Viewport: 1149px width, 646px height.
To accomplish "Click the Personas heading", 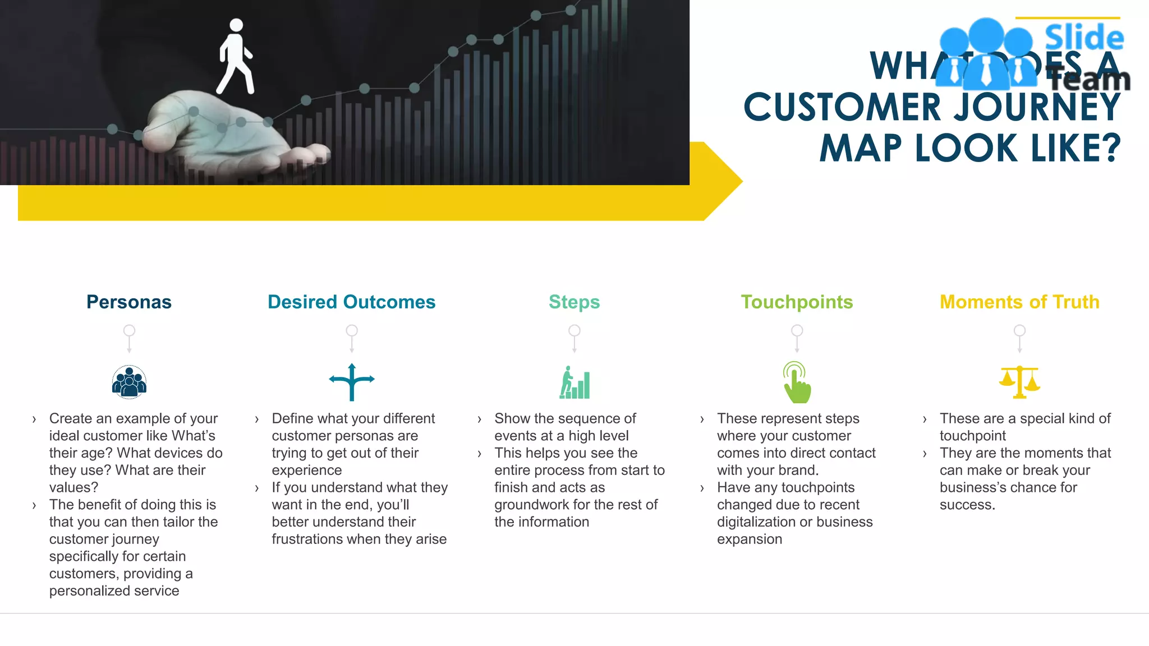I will click(128, 302).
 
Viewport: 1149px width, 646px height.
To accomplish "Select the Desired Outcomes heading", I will click(351, 302).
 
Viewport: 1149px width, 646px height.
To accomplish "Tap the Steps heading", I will click(574, 302).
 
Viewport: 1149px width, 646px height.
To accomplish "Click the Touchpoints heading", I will click(797, 302).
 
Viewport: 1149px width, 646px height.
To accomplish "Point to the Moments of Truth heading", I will click(1019, 302).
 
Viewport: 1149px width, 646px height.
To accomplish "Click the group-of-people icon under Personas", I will click(129, 382).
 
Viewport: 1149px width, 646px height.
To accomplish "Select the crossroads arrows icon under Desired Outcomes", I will click(352, 382).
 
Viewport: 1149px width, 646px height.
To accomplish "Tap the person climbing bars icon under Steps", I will click(574, 383).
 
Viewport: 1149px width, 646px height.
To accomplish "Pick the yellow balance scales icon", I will click(1019, 382).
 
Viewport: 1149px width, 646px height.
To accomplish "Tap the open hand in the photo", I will click(236, 135).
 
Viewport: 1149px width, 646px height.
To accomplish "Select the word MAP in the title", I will click(861, 149).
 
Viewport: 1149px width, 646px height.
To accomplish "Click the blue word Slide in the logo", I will click(1084, 38).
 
